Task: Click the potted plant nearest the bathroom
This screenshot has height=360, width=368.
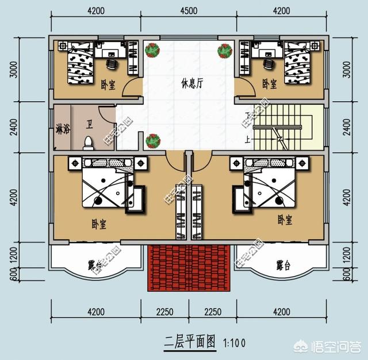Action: coord(152,140)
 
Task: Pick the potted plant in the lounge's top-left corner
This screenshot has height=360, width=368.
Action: coord(152,51)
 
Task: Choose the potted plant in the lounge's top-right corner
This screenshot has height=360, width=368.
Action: coord(224,51)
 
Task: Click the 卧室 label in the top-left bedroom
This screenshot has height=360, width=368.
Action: coord(108,84)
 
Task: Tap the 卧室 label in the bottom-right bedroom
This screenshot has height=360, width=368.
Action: coord(285,220)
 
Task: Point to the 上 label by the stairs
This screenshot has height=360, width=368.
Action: coord(248,139)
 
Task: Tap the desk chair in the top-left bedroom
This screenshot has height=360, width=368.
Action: coord(112,59)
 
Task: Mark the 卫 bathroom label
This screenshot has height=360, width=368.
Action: coord(90,124)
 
